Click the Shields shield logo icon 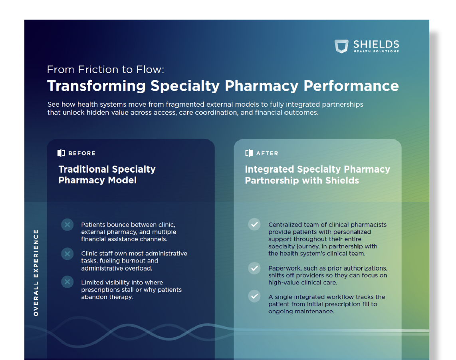point(341,46)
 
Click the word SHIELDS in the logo point(376,44)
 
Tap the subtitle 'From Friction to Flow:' point(105,70)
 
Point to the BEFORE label point(82,153)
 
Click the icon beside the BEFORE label point(61,153)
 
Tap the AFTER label point(267,153)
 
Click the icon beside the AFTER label point(249,153)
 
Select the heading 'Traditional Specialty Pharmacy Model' point(107,175)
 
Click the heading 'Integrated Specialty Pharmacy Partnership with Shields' point(317,175)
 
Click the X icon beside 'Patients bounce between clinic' point(67,225)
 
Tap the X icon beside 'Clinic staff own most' point(67,254)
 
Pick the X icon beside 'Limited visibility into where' point(67,282)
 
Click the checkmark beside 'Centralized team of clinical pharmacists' point(254,224)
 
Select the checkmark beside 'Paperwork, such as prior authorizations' point(254,268)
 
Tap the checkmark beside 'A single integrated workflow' point(254,296)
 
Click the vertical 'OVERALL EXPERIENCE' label point(36,273)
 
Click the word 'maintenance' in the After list point(314,311)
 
